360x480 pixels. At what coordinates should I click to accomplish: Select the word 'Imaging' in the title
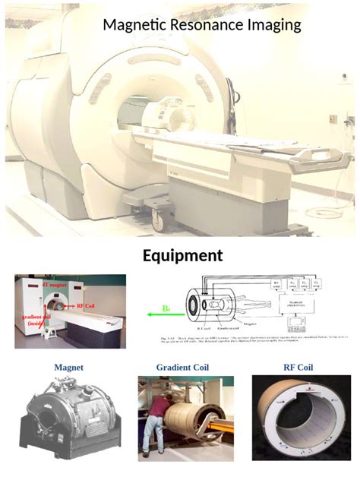[x=274, y=25]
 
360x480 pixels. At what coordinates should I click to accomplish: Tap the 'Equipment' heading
[x=182, y=255]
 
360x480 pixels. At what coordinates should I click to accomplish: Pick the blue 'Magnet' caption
[x=68, y=368]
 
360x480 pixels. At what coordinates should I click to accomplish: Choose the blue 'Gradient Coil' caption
[x=182, y=368]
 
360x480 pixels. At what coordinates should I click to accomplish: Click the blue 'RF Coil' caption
[x=298, y=368]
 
